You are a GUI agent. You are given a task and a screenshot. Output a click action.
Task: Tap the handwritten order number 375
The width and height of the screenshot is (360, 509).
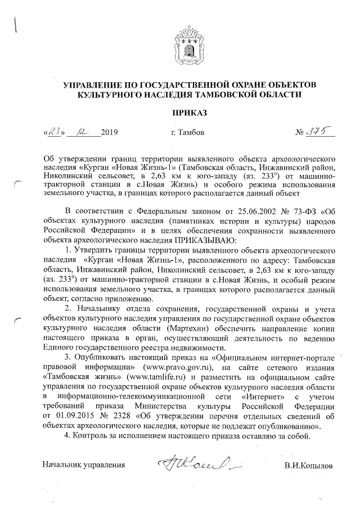pyautogui.click(x=319, y=133)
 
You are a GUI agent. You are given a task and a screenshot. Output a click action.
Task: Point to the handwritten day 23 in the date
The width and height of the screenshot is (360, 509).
pyautogui.click(x=53, y=133)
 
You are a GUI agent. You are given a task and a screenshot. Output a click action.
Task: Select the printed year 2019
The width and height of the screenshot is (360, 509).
pyautogui.click(x=110, y=134)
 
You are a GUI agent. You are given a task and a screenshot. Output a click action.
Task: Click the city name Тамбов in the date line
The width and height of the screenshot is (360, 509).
pyautogui.click(x=183, y=134)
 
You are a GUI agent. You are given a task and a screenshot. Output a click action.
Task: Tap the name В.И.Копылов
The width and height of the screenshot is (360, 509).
pyautogui.click(x=308, y=466)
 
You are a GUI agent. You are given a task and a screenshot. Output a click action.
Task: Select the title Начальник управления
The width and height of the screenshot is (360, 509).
pyautogui.click(x=84, y=466)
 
